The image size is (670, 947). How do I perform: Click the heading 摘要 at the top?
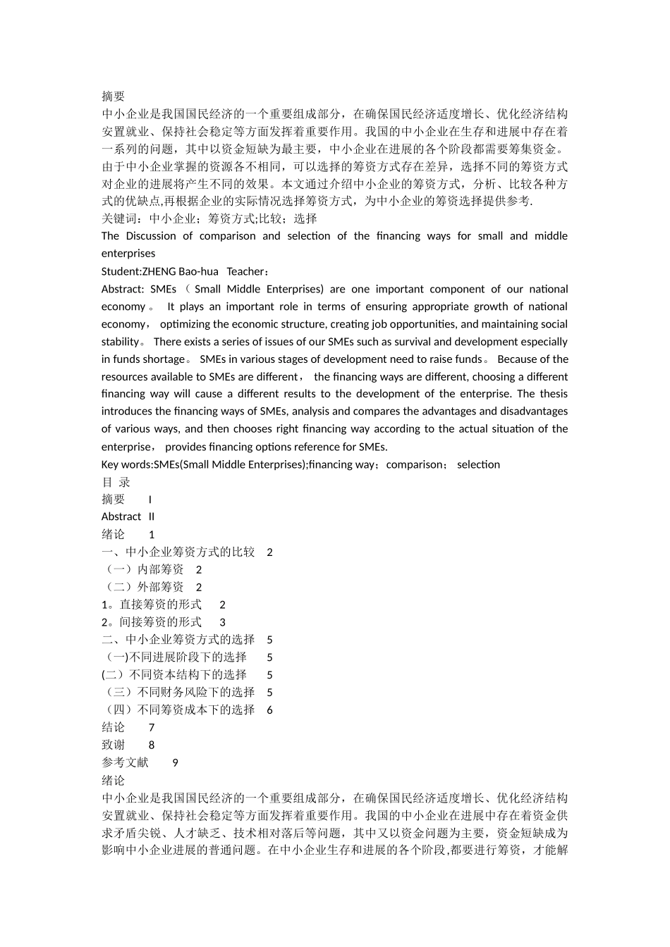[x=113, y=97]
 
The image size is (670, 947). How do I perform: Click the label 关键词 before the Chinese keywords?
[x=119, y=218]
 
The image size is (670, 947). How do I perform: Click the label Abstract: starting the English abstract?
[x=123, y=289]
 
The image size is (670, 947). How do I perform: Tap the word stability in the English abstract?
[x=121, y=342]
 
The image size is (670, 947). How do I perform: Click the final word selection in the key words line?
[x=478, y=464]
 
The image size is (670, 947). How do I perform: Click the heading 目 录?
[x=116, y=482]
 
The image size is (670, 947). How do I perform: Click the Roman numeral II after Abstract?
[x=152, y=516]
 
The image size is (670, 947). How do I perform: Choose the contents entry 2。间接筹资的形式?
[x=152, y=622]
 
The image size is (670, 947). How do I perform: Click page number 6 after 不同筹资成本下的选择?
[x=270, y=710]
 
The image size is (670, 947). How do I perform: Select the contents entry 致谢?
[x=113, y=745]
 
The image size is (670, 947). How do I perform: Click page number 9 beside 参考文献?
[x=175, y=762]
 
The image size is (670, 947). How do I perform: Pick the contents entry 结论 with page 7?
[x=113, y=727]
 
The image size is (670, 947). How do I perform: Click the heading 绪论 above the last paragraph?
[x=113, y=780]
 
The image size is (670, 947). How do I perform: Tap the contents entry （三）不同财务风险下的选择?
[x=178, y=693]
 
